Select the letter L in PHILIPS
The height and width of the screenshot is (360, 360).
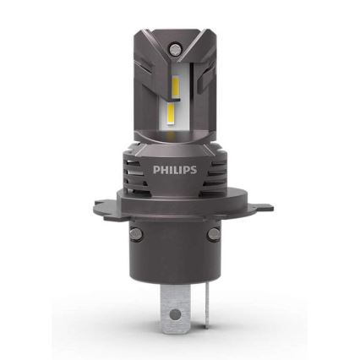click(176, 170)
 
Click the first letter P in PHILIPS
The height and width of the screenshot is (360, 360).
click(155, 170)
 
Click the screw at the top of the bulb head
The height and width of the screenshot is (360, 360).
click(178, 42)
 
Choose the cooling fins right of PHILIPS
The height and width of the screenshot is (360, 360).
click(216, 173)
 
